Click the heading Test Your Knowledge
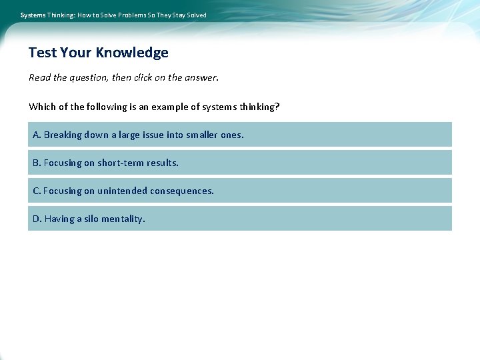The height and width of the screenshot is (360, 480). (x=98, y=53)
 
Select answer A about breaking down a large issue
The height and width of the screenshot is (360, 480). (x=239, y=135)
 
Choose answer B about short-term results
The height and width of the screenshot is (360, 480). (x=239, y=163)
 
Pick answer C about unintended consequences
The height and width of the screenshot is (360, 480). (x=239, y=191)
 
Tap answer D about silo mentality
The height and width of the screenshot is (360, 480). (x=239, y=219)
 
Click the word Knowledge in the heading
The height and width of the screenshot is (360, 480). (x=132, y=53)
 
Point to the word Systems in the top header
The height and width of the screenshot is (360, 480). (x=33, y=15)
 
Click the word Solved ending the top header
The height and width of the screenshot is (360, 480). (x=197, y=15)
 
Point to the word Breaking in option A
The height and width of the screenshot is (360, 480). (x=62, y=135)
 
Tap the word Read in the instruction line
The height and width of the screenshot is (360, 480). (x=39, y=77)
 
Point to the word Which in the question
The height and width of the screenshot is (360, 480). (x=42, y=107)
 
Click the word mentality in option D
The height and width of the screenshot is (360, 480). (x=124, y=219)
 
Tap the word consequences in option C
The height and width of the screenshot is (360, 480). (x=181, y=191)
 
